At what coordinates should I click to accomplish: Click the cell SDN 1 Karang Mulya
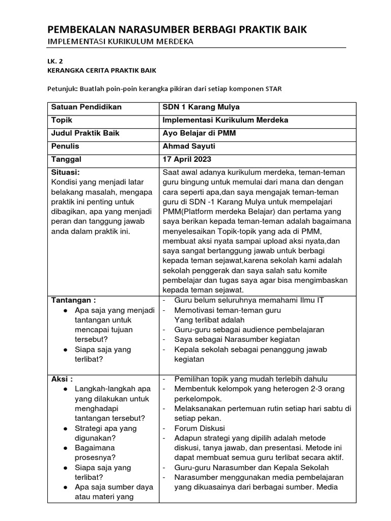201,107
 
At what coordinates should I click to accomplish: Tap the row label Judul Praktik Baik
85,133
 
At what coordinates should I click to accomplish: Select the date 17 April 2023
187,159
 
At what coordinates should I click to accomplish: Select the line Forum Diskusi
199,428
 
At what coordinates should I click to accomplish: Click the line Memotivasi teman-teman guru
228,310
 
